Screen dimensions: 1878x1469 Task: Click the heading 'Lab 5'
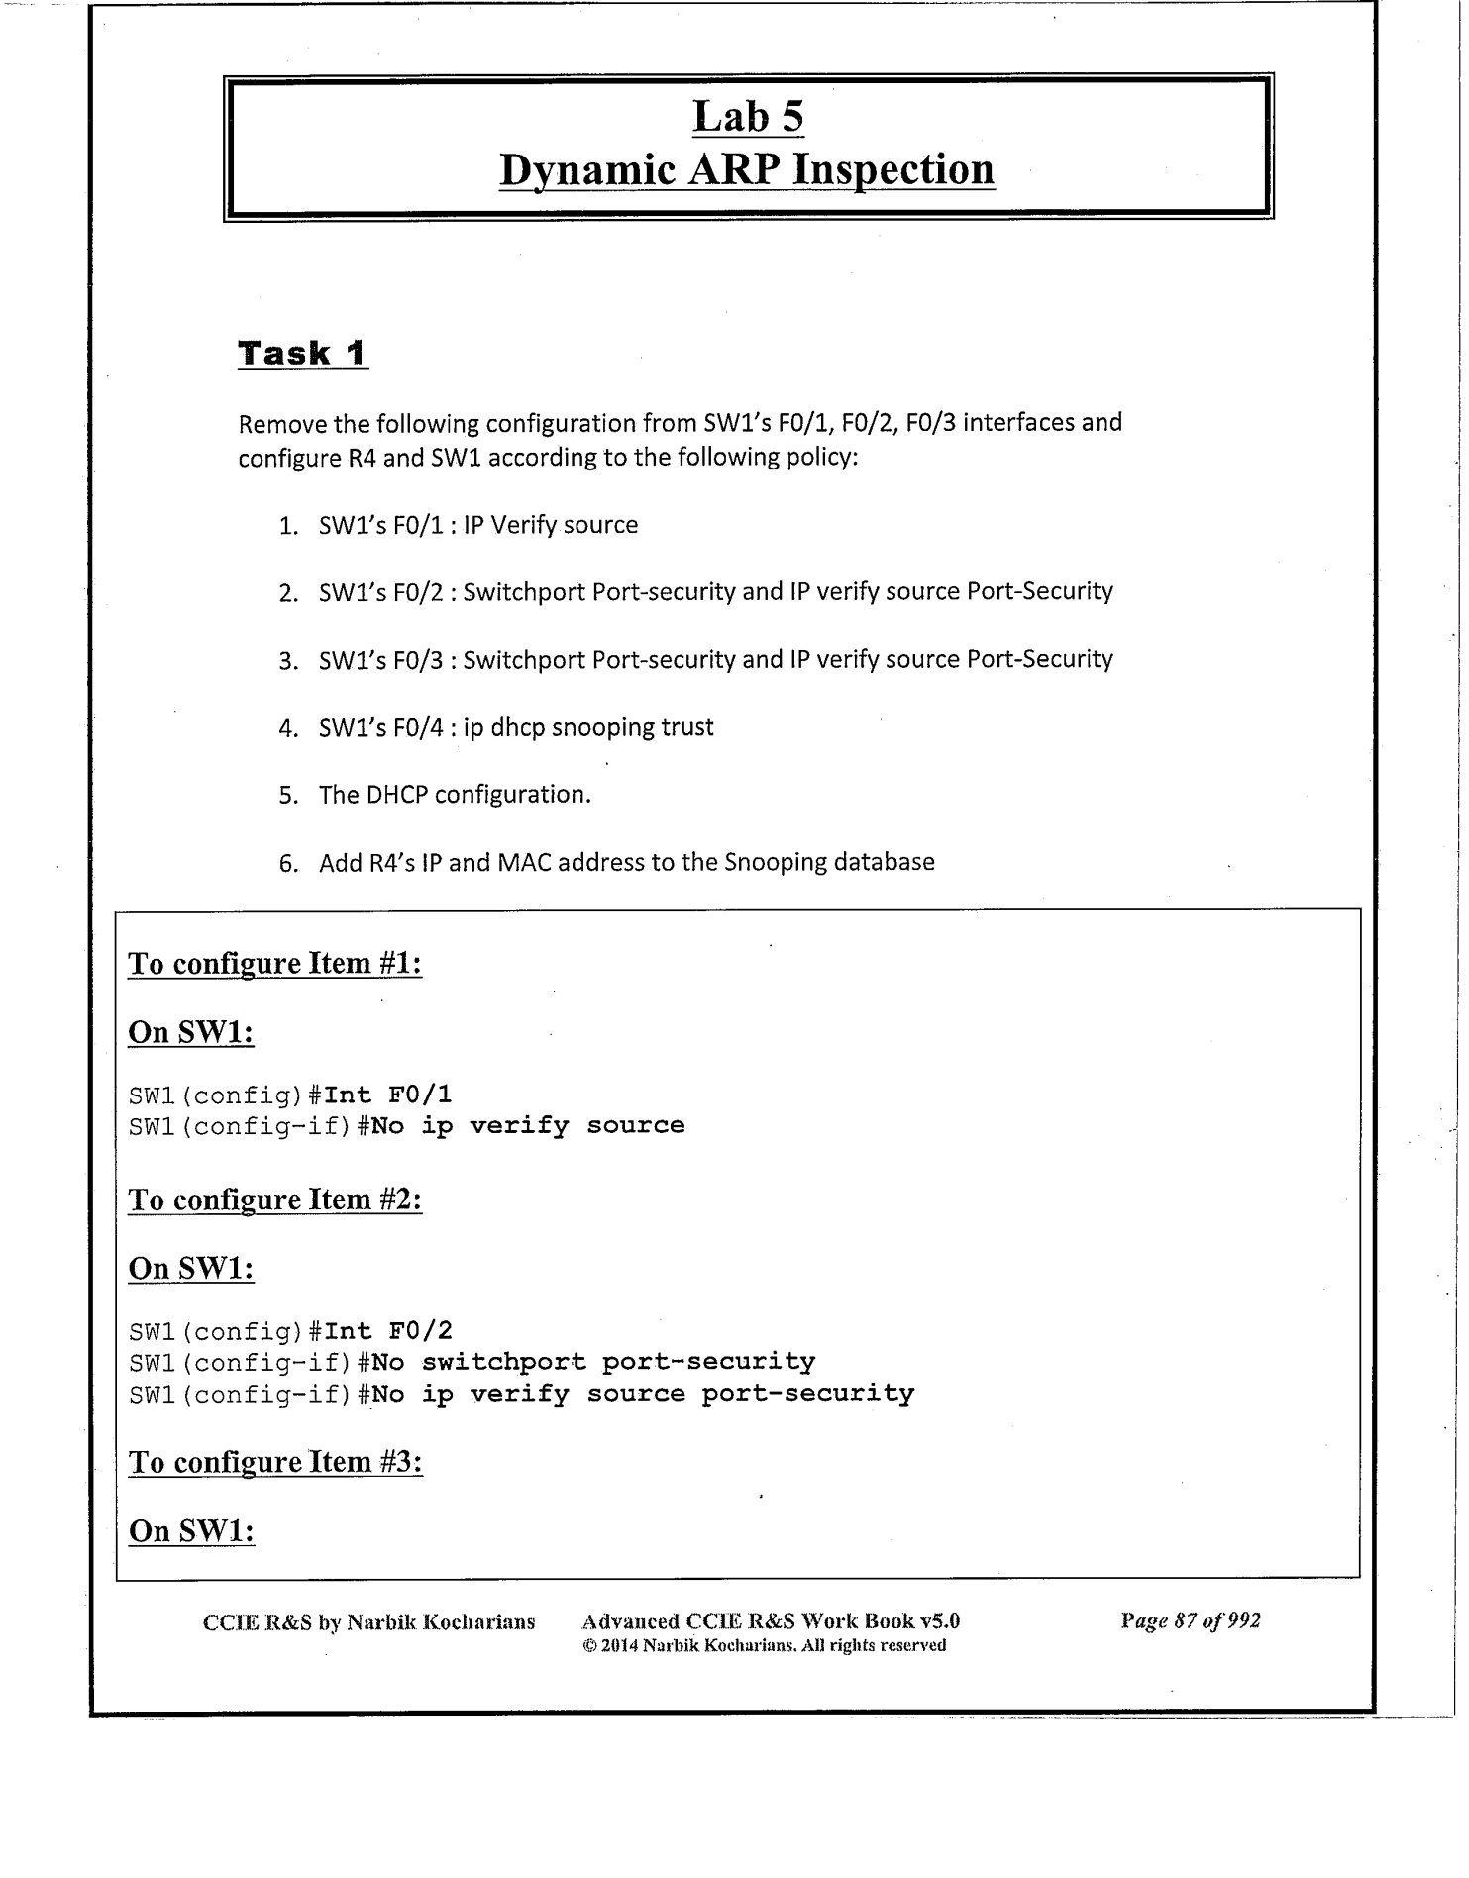tap(748, 117)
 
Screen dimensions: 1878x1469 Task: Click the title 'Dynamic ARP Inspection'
tap(747, 169)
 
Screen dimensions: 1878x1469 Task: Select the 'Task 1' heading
tap(302, 354)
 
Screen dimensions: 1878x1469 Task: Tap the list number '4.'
tap(288, 729)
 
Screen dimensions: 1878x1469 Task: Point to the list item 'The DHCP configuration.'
tap(455, 795)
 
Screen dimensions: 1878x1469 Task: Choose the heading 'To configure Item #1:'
tap(275, 964)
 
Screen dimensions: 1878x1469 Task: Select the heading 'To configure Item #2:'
tap(275, 1200)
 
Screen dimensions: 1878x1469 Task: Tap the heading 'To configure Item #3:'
tap(275, 1463)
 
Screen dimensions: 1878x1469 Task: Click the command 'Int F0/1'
tap(388, 1095)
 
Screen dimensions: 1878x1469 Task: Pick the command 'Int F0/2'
tap(388, 1331)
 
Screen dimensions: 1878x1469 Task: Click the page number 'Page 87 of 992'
tap(1191, 1621)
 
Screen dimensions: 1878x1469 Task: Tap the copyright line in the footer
tap(764, 1645)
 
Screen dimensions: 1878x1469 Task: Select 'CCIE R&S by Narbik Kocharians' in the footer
tap(368, 1622)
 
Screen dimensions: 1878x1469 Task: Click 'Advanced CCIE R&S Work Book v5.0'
tap(771, 1621)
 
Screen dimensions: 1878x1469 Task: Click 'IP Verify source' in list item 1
tap(550, 525)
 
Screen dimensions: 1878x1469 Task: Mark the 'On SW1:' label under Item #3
tap(192, 1531)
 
